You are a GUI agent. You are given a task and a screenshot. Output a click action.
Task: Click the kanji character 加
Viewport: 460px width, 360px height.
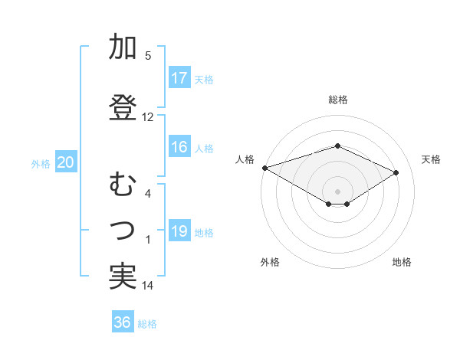point(123,47)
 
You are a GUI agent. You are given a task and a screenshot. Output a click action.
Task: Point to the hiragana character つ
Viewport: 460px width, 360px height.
point(123,230)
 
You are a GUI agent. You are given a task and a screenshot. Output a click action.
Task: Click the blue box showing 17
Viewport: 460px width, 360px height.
point(179,78)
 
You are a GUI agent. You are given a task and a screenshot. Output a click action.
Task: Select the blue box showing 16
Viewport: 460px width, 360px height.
point(179,147)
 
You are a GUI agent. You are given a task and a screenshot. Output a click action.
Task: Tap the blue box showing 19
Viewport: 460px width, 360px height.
point(179,231)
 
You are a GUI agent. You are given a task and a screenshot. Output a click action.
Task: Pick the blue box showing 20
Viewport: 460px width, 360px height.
point(66,162)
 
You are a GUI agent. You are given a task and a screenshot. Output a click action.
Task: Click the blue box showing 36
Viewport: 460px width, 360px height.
point(123,322)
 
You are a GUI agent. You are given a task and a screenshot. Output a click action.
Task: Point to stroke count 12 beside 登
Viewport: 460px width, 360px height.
point(148,117)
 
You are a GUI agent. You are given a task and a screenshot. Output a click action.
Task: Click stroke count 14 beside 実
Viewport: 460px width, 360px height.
point(148,286)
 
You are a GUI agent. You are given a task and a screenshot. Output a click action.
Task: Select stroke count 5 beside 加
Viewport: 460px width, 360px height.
point(148,56)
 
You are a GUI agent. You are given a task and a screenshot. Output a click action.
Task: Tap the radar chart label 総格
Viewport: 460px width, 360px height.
point(337,100)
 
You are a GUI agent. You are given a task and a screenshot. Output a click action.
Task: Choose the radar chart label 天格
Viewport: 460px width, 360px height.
point(432,159)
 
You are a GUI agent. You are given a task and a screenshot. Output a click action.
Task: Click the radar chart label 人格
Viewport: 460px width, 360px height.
point(245,159)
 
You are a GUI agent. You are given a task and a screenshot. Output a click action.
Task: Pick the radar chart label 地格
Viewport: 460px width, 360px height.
point(402,263)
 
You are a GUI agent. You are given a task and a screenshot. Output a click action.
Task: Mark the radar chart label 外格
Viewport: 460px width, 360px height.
point(270,263)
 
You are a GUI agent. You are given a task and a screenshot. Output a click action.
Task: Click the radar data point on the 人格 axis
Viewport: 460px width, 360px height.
point(264,168)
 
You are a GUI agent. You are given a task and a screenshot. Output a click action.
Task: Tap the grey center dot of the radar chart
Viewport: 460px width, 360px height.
point(337,190)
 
